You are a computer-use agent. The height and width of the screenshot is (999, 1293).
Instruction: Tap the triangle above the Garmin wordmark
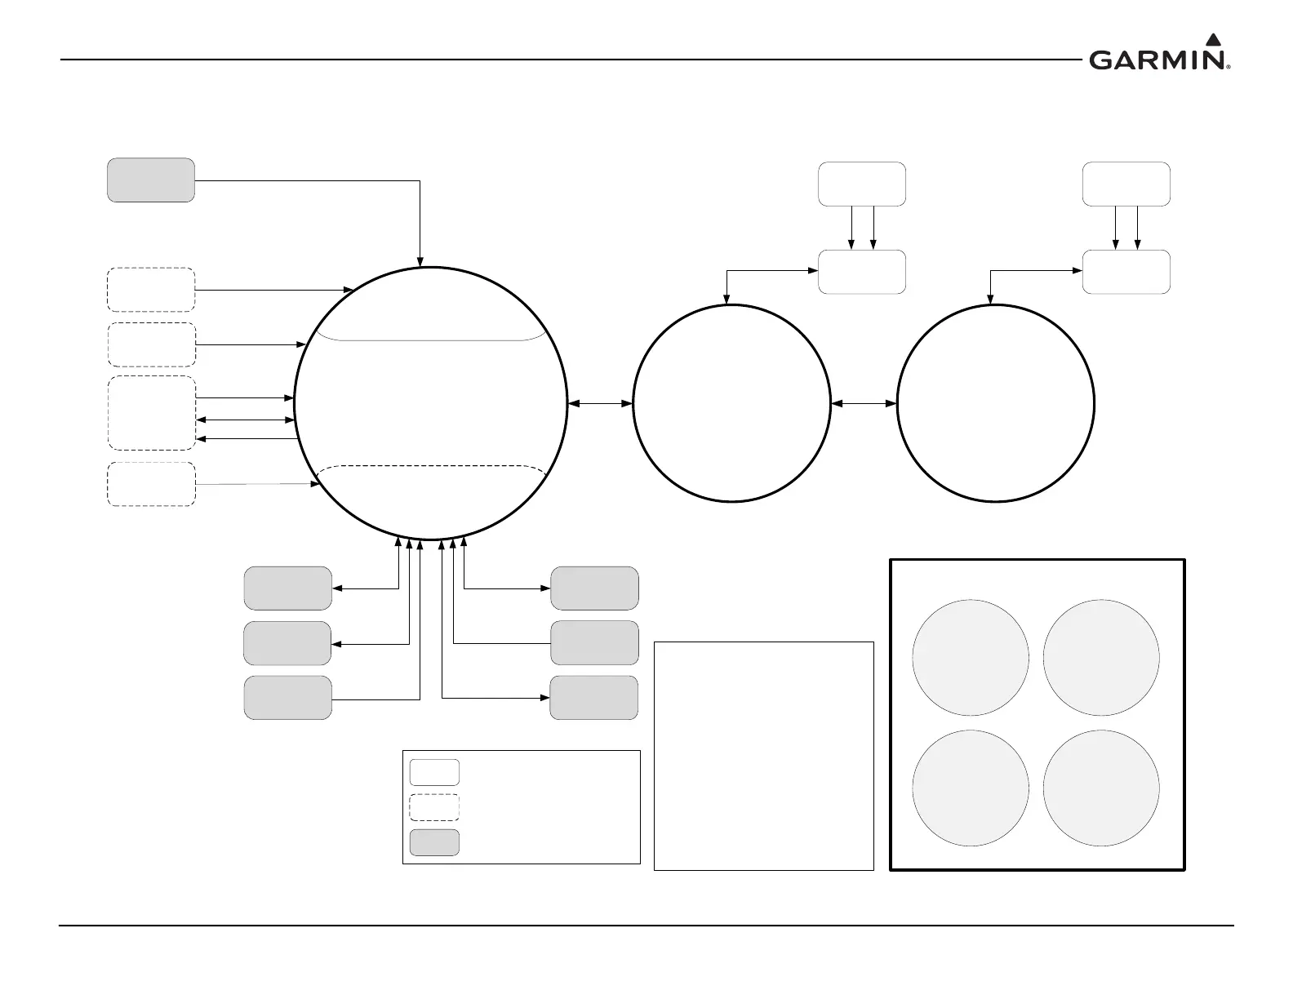(x=1213, y=39)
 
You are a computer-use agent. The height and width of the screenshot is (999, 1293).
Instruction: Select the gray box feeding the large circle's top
(x=151, y=180)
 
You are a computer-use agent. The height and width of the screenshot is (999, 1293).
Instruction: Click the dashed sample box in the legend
(x=434, y=807)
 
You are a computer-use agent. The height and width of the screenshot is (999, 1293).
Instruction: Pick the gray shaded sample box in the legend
(x=434, y=842)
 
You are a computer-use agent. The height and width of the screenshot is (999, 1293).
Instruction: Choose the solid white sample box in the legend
(x=434, y=772)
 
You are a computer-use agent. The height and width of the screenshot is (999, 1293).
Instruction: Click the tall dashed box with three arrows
(x=152, y=413)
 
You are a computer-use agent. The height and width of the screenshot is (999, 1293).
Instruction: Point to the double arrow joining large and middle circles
(x=600, y=403)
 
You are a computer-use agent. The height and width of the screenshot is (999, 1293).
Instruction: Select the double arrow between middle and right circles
(x=864, y=403)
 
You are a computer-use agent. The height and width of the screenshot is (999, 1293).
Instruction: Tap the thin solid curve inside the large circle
(x=431, y=339)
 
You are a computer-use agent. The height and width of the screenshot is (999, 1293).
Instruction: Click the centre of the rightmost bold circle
(x=996, y=403)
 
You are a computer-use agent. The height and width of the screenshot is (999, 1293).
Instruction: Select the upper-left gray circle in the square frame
(x=971, y=658)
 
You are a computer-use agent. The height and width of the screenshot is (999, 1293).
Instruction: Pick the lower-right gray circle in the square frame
(x=1101, y=788)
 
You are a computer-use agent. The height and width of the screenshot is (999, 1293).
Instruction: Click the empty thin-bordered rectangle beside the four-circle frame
(x=764, y=756)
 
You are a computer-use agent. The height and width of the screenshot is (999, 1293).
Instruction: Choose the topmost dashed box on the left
(x=151, y=290)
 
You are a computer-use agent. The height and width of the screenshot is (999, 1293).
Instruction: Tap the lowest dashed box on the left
(x=151, y=485)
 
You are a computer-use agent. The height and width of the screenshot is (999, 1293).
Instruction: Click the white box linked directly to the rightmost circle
(x=1126, y=272)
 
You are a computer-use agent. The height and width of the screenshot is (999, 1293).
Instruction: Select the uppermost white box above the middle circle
(x=862, y=184)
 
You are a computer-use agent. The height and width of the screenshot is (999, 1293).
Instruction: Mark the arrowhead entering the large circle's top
(x=420, y=262)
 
